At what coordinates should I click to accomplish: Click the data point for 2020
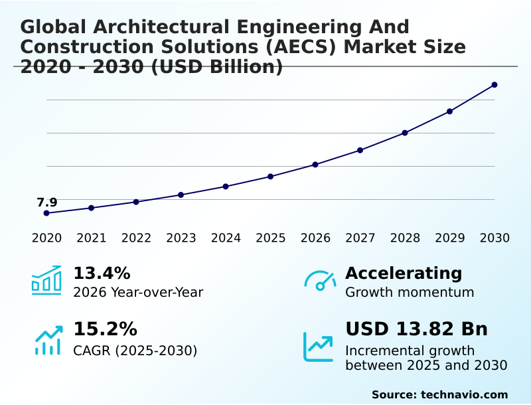(46, 213)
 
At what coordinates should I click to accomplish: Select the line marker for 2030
(494, 85)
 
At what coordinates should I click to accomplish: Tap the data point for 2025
(271, 177)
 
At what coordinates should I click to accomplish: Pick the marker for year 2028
(405, 133)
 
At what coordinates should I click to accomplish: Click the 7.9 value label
(47, 202)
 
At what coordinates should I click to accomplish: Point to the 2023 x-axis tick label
(181, 238)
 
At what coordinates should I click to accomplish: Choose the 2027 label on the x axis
(360, 238)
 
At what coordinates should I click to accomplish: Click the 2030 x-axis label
(494, 238)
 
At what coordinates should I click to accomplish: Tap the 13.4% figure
(102, 274)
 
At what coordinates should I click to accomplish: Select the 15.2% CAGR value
(105, 329)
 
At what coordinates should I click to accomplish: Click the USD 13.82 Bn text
(416, 329)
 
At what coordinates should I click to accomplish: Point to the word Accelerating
(404, 274)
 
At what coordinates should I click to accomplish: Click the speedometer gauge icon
(320, 281)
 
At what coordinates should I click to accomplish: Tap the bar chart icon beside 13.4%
(46, 280)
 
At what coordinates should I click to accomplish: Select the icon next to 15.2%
(48, 340)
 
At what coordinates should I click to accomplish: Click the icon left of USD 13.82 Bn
(318, 346)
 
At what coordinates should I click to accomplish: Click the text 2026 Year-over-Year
(138, 293)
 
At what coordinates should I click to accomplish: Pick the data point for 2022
(136, 202)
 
